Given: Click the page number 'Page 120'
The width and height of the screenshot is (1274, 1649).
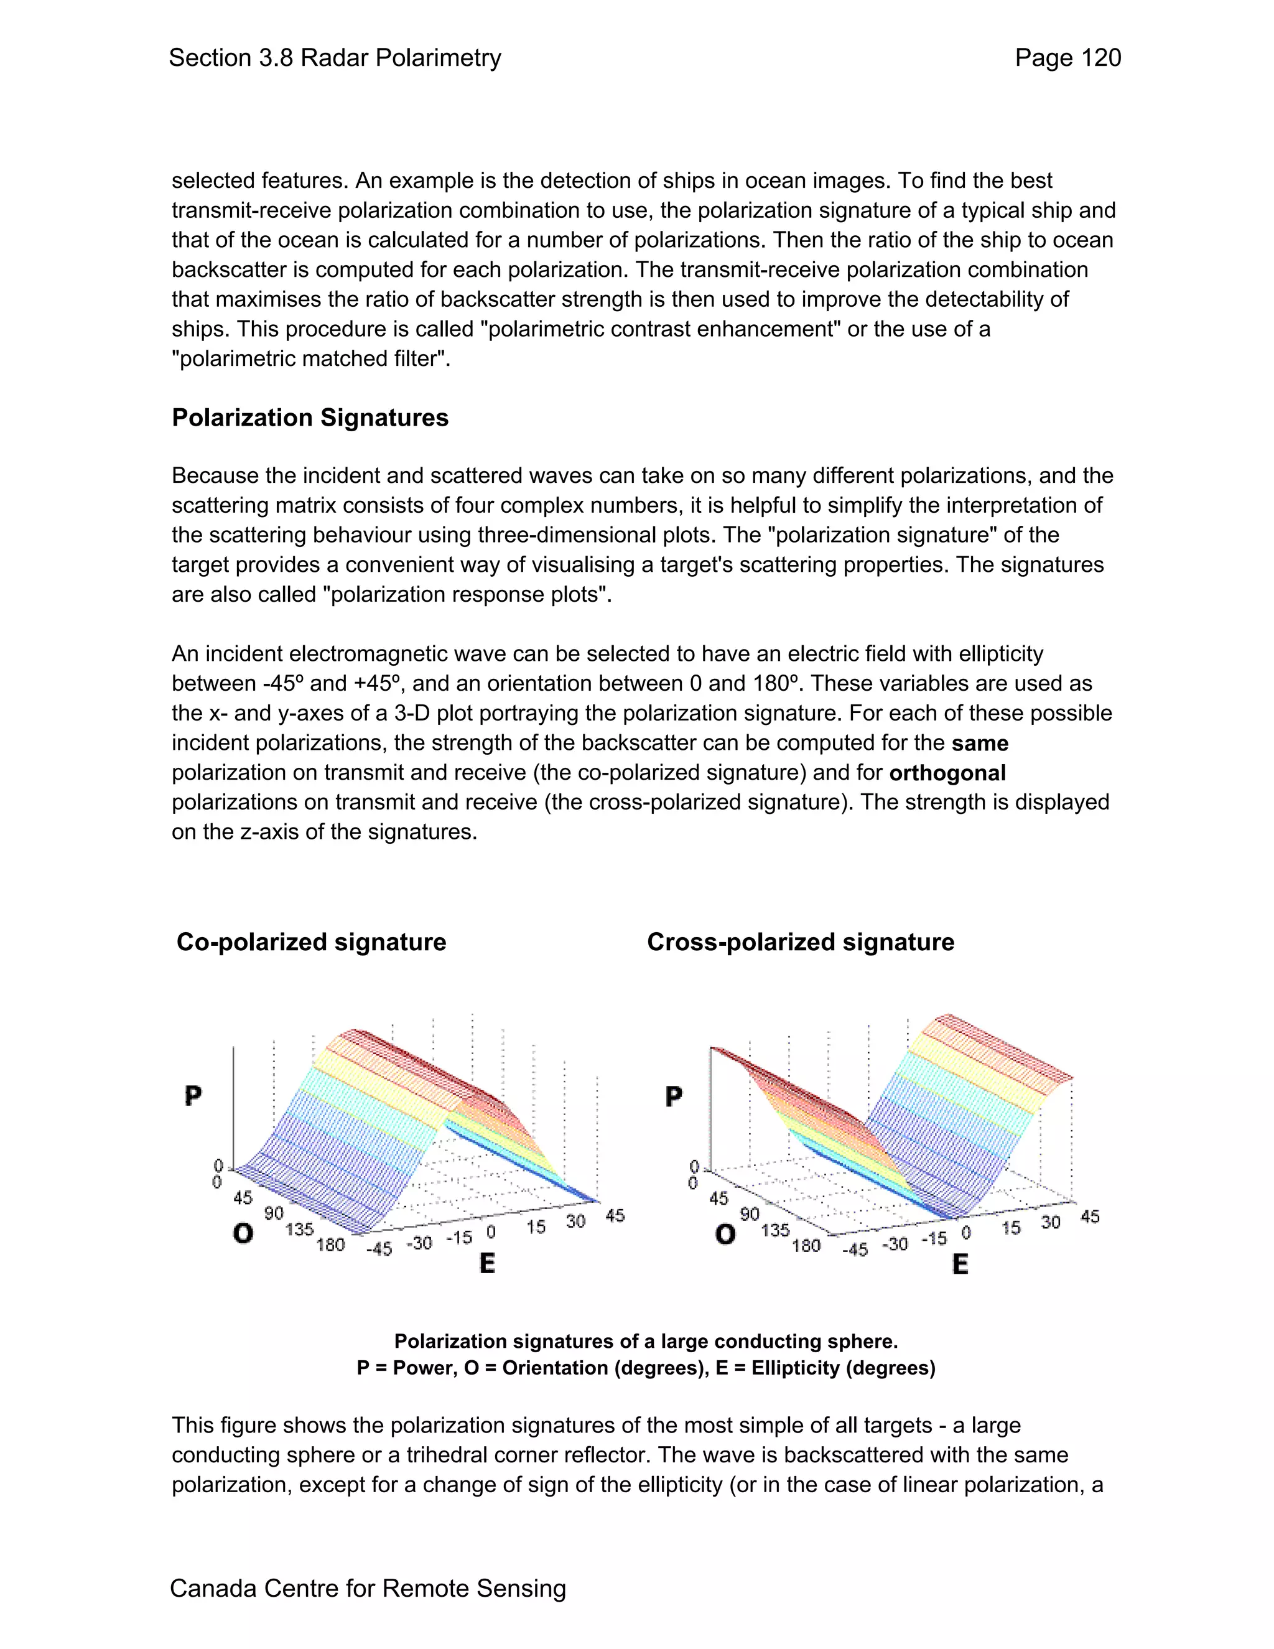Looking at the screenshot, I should click(x=1067, y=58).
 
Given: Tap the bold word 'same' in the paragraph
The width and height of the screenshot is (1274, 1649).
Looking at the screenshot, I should click(x=980, y=743).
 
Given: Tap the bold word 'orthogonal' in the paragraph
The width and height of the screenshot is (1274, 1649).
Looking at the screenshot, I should click(x=947, y=773).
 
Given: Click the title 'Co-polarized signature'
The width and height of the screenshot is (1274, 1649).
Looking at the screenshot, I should click(x=311, y=942).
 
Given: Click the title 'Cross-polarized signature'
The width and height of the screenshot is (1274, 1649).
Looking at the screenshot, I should click(x=800, y=942).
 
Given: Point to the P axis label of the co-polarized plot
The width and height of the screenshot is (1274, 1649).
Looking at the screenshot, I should click(x=193, y=1096).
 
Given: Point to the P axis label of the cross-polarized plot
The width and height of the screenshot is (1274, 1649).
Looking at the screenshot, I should click(x=674, y=1096).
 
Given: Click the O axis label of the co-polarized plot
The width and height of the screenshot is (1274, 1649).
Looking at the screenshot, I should click(x=243, y=1234).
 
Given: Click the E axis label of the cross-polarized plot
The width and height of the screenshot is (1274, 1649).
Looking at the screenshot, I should click(x=960, y=1264).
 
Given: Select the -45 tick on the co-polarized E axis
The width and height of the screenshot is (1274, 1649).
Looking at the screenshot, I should click(x=379, y=1249).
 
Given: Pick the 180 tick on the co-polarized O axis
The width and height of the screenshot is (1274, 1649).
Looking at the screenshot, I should click(x=330, y=1245).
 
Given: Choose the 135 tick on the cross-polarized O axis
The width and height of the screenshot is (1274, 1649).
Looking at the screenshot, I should click(x=775, y=1230).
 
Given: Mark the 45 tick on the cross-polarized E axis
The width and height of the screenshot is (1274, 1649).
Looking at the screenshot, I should click(x=1090, y=1217).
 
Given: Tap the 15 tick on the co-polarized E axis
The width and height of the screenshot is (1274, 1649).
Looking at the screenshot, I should click(x=536, y=1227).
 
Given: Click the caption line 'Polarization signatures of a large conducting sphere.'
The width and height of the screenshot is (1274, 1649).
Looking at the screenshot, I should click(x=646, y=1341).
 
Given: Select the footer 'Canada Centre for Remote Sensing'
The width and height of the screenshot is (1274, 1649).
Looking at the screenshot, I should click(x=368, y=1588).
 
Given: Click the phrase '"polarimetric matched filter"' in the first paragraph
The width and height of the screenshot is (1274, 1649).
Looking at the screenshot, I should click(x=310, y=358).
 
